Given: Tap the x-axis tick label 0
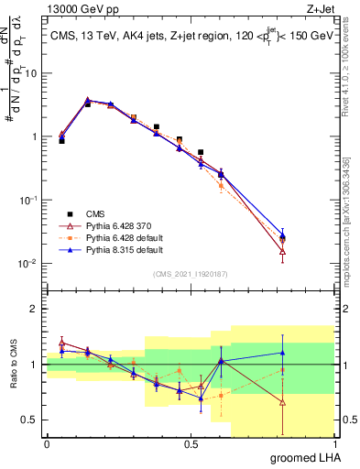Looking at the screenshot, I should (47, 443).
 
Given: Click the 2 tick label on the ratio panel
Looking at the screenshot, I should (37, 309).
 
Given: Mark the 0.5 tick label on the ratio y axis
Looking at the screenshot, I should (32, 420).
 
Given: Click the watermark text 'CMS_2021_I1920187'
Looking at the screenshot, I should (191, 273).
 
